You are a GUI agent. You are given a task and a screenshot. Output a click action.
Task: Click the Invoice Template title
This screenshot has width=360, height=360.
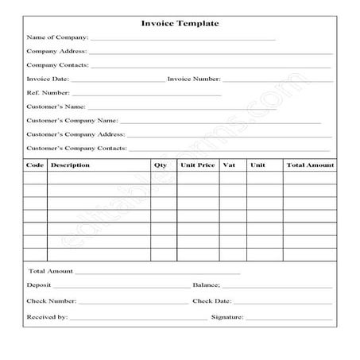(x=180, y=23)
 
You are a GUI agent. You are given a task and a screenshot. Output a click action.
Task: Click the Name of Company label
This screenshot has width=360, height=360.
(x=56, y=37)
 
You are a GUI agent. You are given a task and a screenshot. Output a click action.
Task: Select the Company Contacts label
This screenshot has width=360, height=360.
(x=57, y=65)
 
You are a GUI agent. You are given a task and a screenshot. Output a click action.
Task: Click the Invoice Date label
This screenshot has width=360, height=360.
(x=48, y=79)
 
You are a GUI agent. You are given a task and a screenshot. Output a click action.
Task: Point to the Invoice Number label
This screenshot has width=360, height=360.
(x=194, y=79)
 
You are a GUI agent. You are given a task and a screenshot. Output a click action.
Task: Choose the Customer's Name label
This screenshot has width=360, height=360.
(x=55, y=106)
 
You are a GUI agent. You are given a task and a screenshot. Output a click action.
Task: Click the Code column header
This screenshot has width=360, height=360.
(x=35, y=165)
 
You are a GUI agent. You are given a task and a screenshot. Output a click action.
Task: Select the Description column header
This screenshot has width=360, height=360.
(x=70, y=165)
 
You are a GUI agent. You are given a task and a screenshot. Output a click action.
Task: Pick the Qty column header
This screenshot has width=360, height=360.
(x=161, y=165)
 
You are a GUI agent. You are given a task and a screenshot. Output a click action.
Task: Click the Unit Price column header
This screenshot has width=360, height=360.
(x=198, y=165)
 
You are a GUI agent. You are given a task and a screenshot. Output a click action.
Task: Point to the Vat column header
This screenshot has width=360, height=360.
(x=230, y=165)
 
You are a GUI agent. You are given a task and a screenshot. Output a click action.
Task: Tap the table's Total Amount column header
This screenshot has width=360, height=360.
(x=310, y=165)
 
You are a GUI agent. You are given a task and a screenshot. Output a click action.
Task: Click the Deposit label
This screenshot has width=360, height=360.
(x=39, y=285)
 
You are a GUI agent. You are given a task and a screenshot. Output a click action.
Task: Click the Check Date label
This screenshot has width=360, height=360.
(x=212, y=301)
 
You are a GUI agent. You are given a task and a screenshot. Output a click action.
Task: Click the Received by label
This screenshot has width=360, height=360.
(x=47, y=317)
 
